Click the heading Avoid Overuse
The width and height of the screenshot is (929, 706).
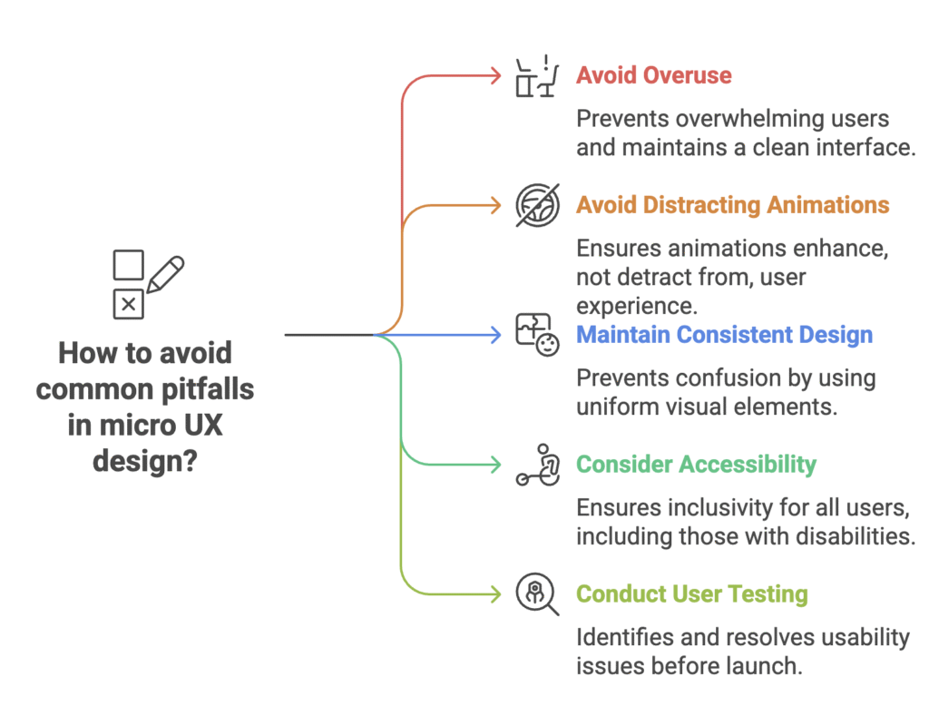653,75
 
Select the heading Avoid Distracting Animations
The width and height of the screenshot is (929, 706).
732,205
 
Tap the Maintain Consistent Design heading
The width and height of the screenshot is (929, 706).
724,335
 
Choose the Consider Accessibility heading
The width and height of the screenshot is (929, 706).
696,465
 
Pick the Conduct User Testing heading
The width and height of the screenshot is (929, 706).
691,594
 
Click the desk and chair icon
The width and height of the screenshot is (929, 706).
535,76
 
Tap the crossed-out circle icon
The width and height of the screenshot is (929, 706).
536,205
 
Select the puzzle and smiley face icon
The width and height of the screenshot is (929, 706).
536,335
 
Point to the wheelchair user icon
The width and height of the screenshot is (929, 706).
536,465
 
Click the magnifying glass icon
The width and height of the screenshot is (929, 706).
536,594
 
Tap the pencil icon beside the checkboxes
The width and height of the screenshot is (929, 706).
165,273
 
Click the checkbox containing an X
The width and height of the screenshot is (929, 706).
128,305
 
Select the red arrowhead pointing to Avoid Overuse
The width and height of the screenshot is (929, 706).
495,76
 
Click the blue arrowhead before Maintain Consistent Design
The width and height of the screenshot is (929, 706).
495,335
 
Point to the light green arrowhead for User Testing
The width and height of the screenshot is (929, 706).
495,594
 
